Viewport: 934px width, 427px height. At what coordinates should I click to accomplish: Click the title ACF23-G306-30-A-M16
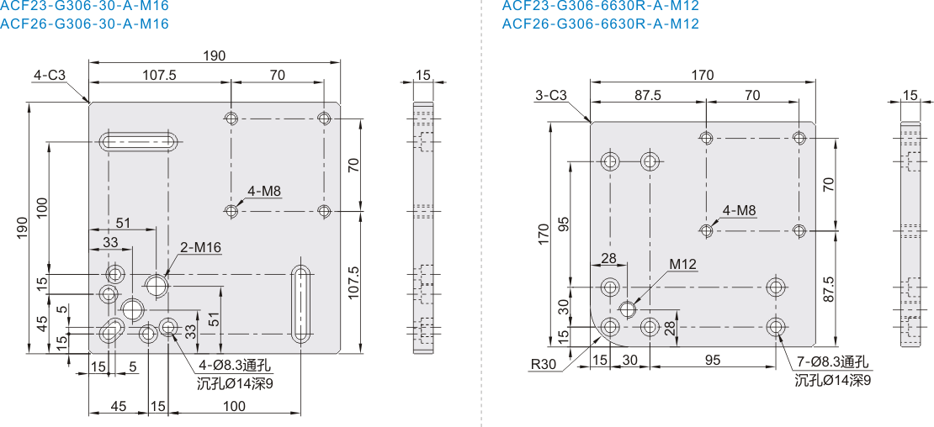tap(84, 6)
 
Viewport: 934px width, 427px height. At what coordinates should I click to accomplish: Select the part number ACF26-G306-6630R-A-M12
tap(601, 24)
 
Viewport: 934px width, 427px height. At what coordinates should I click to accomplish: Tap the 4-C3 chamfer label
tap(50, 76)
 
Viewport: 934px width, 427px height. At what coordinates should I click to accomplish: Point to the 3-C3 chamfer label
tap(551, 95)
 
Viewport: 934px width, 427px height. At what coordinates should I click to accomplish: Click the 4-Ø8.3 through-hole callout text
tap(233, 366)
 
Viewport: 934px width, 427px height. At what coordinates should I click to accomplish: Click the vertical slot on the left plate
tap(301, 303)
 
